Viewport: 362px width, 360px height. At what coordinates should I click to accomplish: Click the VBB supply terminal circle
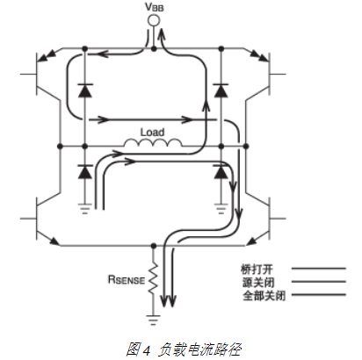click(154, 21)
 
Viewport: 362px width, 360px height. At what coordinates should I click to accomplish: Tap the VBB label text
click(154, 7)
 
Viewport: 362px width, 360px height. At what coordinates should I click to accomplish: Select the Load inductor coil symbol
click(153, 142)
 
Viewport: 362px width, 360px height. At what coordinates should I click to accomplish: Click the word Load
click(152, 132)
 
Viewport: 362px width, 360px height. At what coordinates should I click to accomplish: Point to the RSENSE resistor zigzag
click(153, 278)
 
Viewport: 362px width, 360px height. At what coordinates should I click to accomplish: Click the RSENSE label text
click(127, 279)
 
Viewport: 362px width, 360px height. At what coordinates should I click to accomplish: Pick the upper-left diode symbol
click(85, 90)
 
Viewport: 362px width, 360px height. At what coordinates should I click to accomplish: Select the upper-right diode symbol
click(221, 90)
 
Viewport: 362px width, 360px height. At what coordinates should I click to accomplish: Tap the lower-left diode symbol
click(85, 172)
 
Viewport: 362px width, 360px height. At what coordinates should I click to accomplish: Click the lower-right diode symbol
click(221, 172)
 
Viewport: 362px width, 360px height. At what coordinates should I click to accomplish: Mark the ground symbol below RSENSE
click(153, 320)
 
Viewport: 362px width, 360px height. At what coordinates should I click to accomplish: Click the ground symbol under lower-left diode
click(85, 209)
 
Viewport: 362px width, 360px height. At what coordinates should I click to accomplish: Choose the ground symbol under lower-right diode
click(221, 209)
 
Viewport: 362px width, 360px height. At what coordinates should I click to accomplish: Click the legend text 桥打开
click(257, 269)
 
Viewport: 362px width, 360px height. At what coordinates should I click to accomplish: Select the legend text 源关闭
click(258, 282)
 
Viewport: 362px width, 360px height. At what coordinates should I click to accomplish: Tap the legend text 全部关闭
click(264, 296)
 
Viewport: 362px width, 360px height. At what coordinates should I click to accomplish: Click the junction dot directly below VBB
click(154, 48)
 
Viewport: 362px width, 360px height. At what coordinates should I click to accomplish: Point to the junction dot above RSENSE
click(153, 246)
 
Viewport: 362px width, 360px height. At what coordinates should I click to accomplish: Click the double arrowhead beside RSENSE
click(169, 300)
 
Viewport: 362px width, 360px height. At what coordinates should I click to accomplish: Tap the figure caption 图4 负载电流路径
click(184, 349)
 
